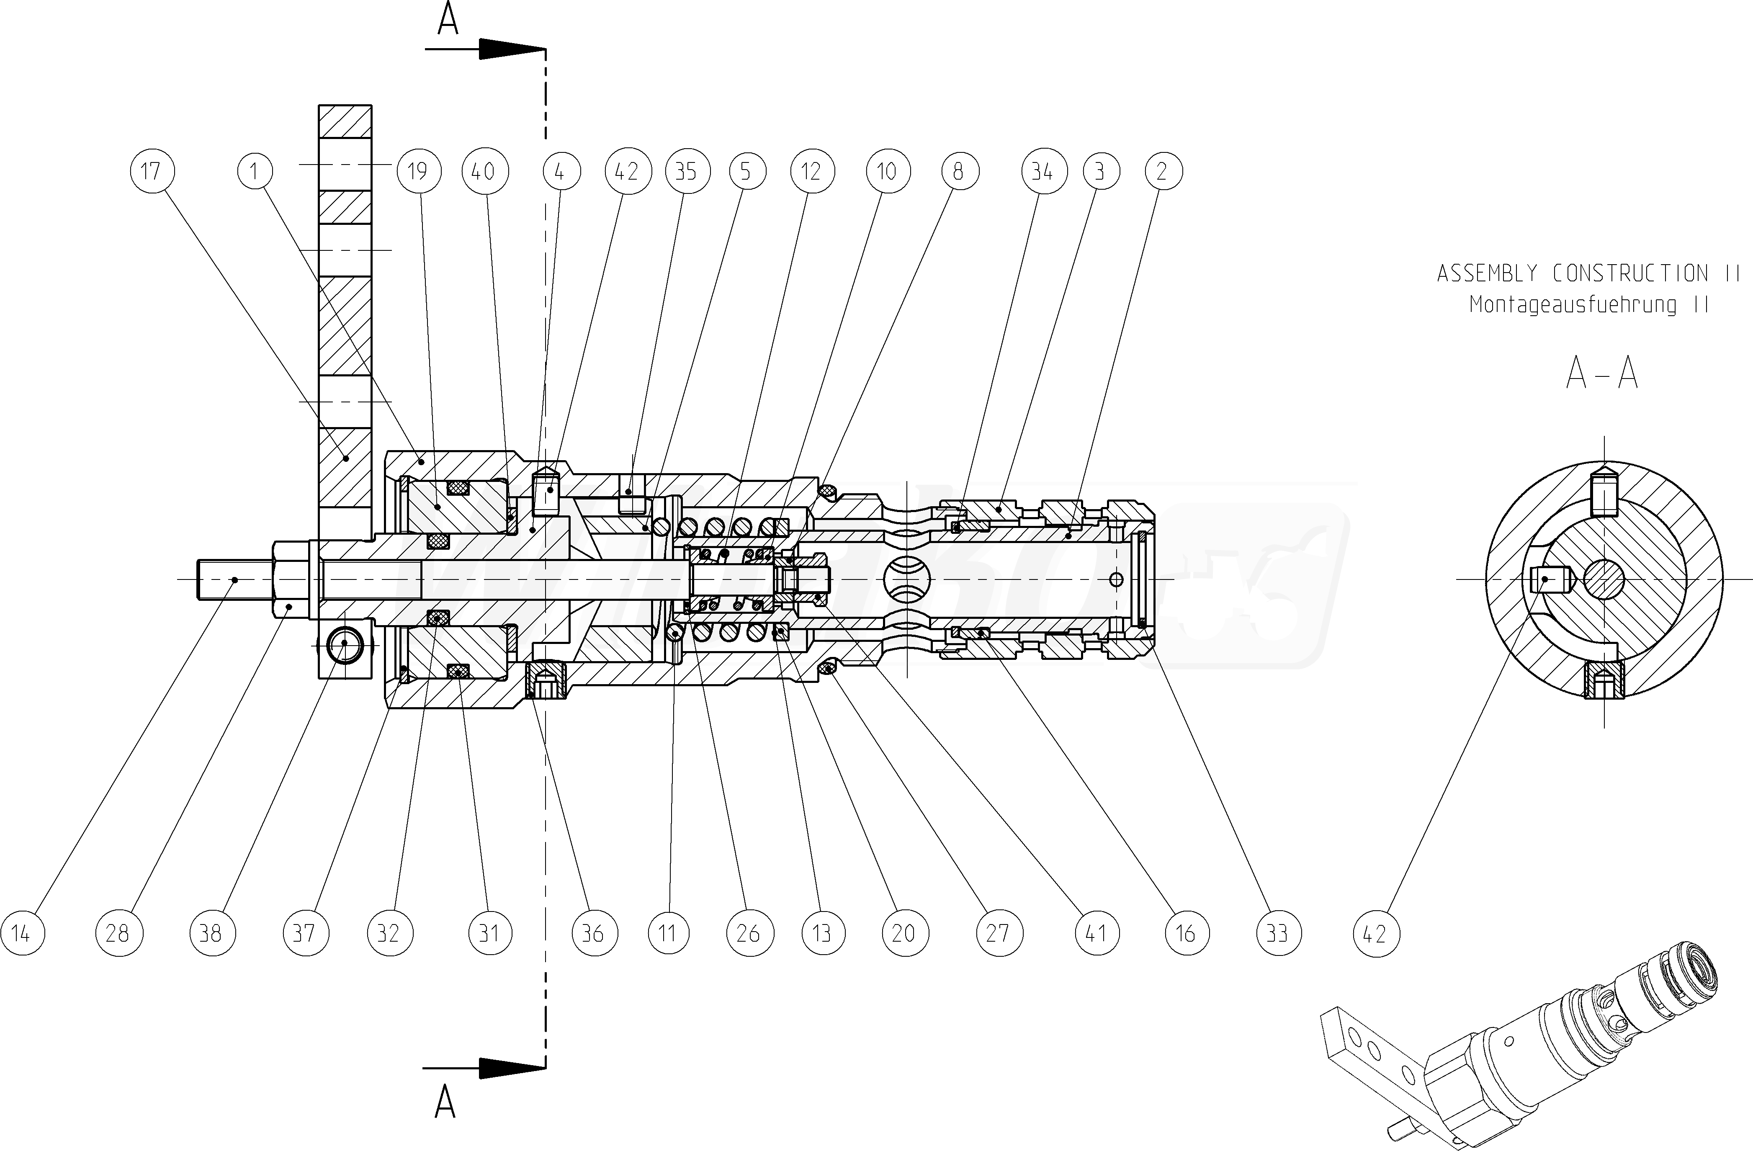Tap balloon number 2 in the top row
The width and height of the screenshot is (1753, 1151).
[1163, 172]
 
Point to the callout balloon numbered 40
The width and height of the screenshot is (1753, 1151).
[483, 172]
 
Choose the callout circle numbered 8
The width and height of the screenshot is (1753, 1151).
[959, 172]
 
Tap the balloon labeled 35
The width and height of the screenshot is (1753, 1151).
[687, 172]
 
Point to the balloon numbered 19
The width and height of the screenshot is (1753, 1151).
[418, 172]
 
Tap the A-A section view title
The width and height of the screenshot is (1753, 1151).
[1602, 373]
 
